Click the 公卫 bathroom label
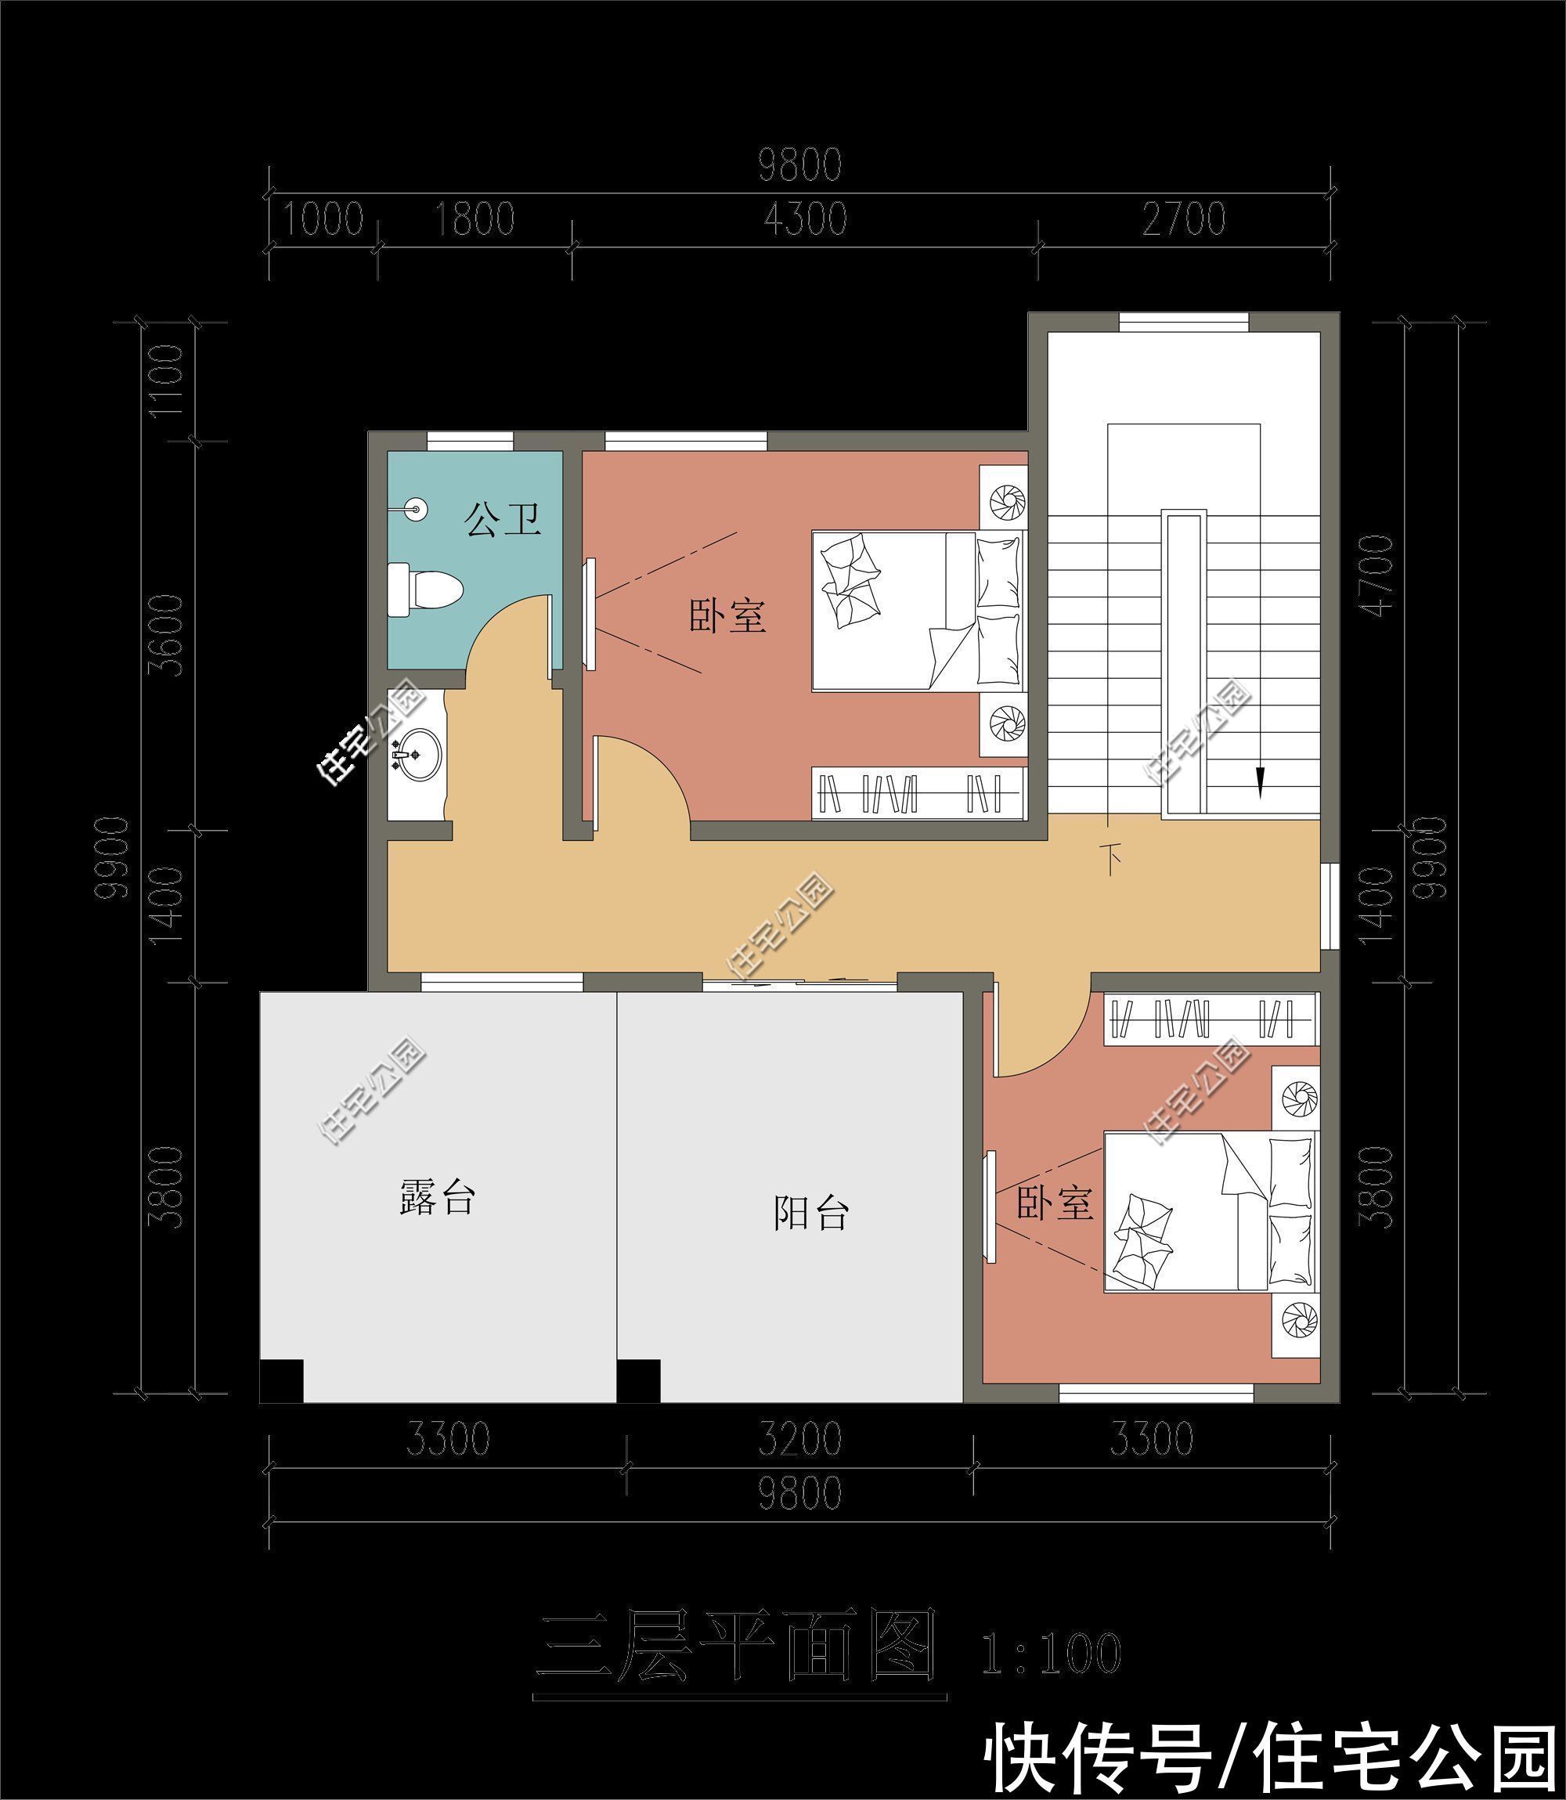pos(502,519)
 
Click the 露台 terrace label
pos(436,1196)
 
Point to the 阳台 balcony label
pos(810,1212)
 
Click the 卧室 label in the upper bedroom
pos(727,616)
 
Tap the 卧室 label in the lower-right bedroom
pos(1054,1203)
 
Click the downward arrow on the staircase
pos(1259,781)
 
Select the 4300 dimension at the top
pos(805,219)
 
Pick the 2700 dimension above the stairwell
pos(1184,219)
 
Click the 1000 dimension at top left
pos(322,219)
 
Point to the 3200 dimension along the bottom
pos(799,1439)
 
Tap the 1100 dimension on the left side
pos(166,381)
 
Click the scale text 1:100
pos(1051,1654)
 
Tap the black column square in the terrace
pos(281,1380)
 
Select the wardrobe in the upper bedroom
pos(918,793)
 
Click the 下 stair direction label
pos(1113,859)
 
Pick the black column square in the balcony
pos(639,1380)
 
